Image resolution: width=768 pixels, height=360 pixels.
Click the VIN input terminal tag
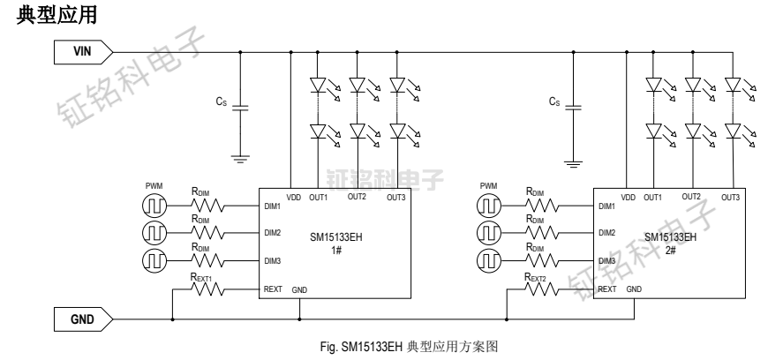click(86, 53)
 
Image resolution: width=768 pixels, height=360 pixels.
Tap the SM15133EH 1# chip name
click(337, 243)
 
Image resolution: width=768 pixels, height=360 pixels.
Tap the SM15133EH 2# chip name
click(670, 243)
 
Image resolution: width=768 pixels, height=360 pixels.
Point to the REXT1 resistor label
click(202, 276)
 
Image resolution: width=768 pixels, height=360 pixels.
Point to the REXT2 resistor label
click(536, 276)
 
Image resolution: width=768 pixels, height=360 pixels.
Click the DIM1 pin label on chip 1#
click(273, 206)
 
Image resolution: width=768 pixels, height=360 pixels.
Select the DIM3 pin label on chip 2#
click(606, 261)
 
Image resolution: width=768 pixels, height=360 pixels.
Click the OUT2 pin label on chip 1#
click(358, 197)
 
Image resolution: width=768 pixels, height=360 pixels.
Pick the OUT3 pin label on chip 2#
click(730, 197)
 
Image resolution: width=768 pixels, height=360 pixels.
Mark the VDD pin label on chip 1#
click(293, 197)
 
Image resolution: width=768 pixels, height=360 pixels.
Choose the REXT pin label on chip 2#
click(606, 289)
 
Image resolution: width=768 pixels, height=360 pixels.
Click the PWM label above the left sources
click(155, 186)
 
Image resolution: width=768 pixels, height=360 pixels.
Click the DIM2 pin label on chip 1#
click(273, 234)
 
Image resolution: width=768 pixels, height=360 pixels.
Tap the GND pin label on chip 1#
click(300, 289)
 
